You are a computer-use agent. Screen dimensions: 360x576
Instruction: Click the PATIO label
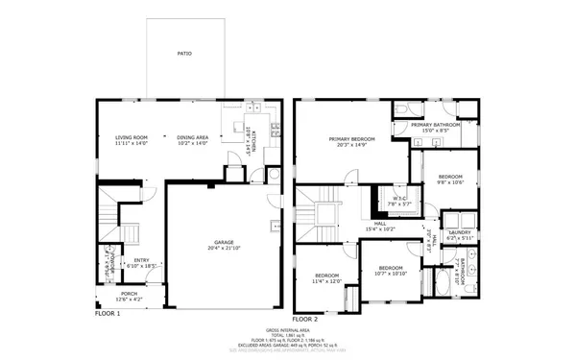click(x=184, y=54)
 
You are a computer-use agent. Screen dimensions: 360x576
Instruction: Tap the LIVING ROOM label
click(x=132, y=137)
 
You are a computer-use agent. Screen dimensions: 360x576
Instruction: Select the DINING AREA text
click(x=192, y=137)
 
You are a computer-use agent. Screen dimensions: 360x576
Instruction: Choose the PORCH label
click(x=129, y=294)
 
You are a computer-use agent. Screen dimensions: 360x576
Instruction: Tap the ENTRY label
click(x=141, y=259)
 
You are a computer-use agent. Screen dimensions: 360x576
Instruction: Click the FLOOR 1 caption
click(x=107, y=313)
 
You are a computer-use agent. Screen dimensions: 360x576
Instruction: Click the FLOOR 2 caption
click(x=304, y=318)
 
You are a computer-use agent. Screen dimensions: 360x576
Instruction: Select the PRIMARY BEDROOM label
click(x=351, y=139)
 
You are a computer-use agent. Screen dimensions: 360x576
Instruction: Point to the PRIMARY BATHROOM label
click(x=435, y=125)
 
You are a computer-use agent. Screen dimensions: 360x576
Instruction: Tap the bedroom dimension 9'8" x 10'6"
click(x=451, y=182)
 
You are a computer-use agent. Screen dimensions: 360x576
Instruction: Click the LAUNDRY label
click(x=459, y=231)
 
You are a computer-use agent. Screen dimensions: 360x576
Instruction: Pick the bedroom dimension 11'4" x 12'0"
click(x=326, y=282)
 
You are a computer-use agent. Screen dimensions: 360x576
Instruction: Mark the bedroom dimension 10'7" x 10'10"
click(x=390, y=273)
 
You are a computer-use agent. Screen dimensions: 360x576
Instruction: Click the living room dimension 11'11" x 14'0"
click(x=132, y=143)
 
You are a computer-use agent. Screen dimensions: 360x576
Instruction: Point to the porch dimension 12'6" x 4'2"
click(x=129, y=300)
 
